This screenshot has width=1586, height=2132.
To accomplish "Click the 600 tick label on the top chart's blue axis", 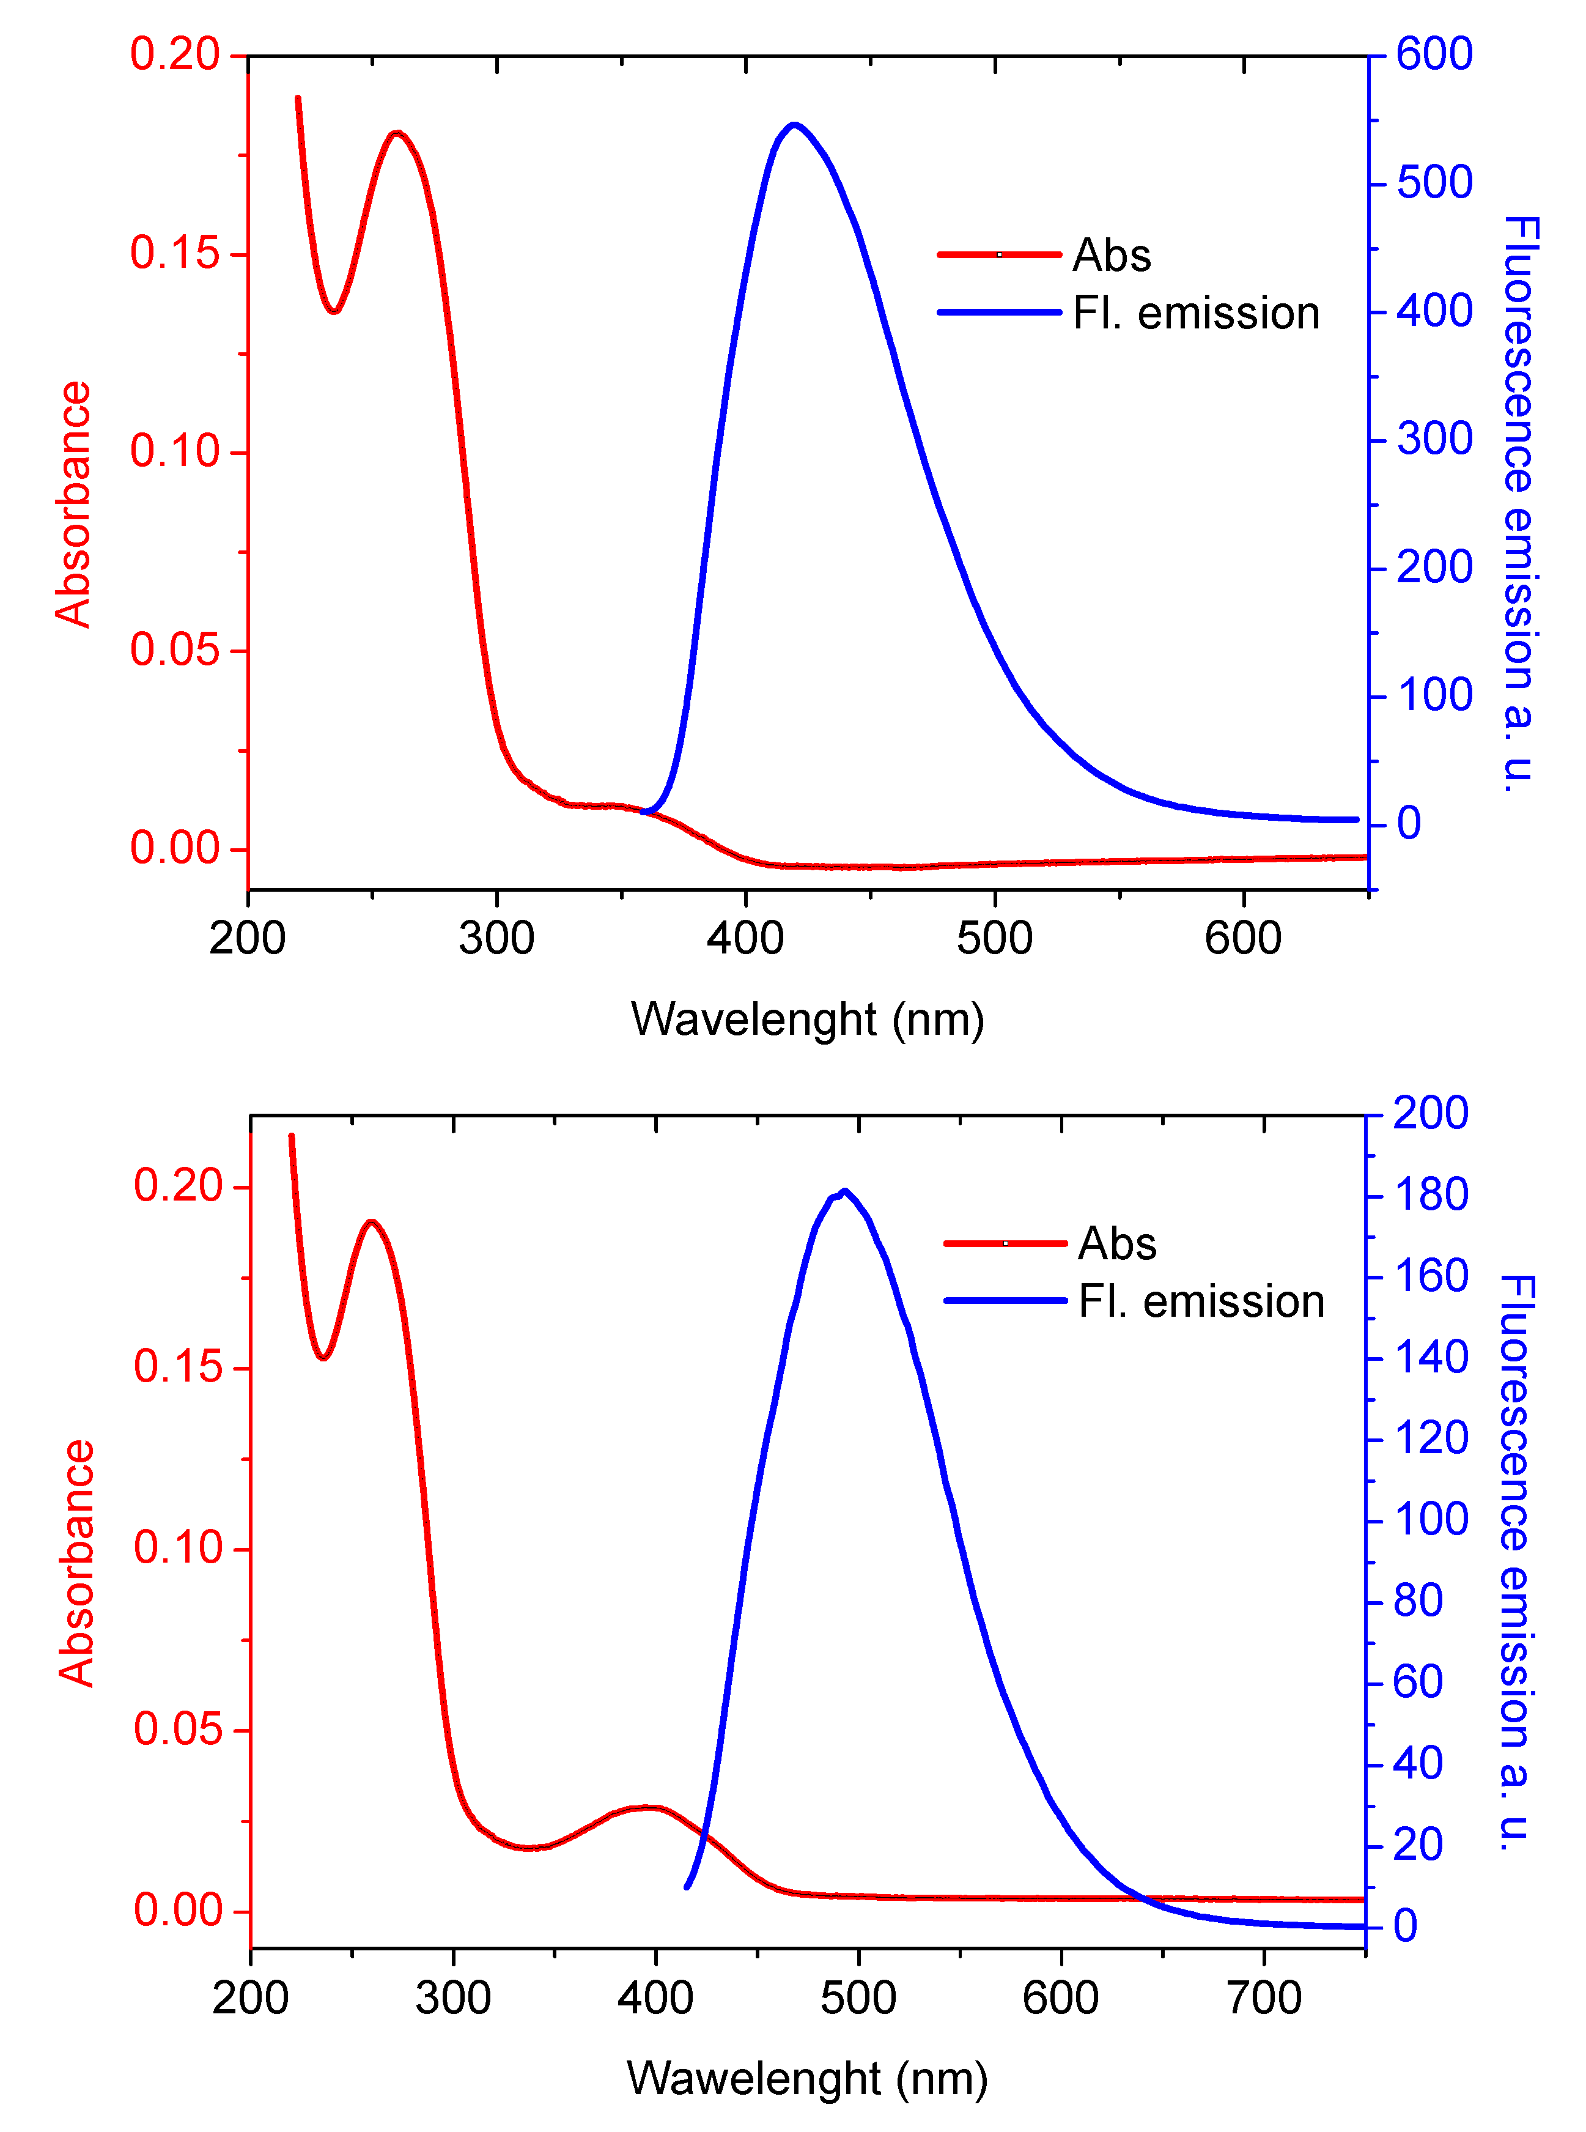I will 1434,55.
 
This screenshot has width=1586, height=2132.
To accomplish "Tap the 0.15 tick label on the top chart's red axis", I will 175,254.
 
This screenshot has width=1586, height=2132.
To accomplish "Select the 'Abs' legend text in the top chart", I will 1112,256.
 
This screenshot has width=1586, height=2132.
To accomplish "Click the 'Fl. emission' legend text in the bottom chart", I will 1201,1302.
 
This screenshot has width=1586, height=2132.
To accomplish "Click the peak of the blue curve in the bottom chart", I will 844,1192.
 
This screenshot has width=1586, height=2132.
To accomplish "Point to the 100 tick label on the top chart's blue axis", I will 1434,696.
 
